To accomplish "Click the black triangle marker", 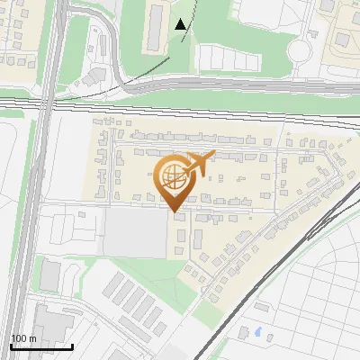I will (182, 24).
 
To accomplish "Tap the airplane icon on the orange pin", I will (198, 164).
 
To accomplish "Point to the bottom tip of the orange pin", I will (174, 212).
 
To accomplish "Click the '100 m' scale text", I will (24, 338).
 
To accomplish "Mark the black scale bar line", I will (41, 346).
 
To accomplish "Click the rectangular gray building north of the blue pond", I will (261, 307).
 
